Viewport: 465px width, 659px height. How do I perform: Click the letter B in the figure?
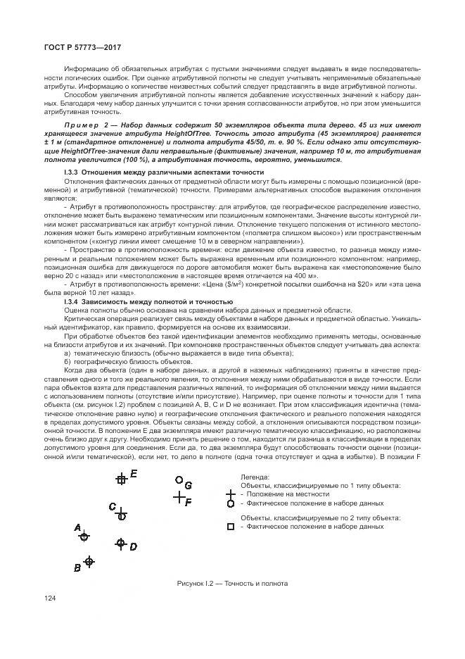coord(77,567)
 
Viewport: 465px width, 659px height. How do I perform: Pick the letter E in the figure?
coord(134,473)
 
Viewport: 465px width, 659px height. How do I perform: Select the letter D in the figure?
coord(133,546)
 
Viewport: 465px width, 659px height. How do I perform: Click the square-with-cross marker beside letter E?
coord(122,479)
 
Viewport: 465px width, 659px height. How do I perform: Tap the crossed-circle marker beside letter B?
coord(89,561)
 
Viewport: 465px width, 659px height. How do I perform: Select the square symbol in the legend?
coord(229,527)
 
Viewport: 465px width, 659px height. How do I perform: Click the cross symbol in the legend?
coord(229,494)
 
